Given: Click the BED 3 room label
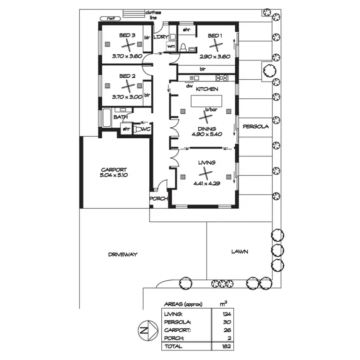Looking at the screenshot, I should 127,35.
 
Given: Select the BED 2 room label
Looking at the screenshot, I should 127,76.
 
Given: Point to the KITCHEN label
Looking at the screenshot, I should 207,89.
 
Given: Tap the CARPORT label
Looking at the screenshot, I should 114,169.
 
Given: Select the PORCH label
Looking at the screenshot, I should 158,198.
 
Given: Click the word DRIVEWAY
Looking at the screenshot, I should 122,254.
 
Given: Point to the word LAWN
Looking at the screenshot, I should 239,251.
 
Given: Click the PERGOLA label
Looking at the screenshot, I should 255,127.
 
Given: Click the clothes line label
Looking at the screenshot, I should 154,14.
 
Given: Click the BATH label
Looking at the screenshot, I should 120,117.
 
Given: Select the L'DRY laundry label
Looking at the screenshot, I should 160,36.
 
